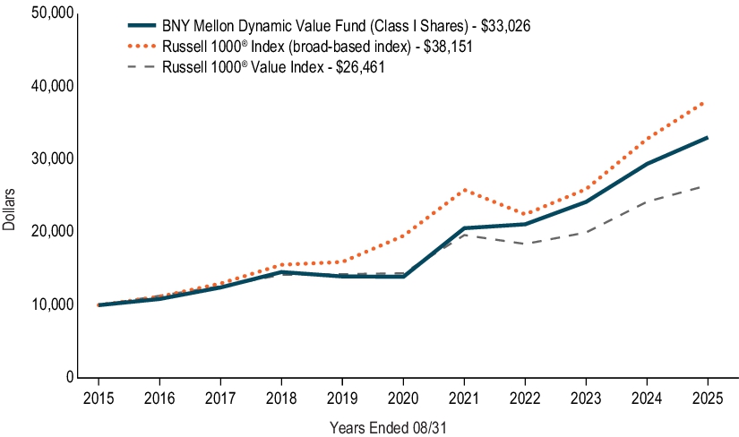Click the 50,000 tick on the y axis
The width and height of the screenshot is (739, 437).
[x=47, y=13]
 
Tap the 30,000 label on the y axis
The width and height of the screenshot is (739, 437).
[x=47, y=159]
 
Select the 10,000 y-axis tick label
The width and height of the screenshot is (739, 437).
[x=47, y=304]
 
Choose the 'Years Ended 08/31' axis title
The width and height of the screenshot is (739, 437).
[x=388, y=427]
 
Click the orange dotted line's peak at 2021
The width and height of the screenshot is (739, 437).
[x=462, y=190]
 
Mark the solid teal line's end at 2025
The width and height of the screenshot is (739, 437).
[x=708, y=137]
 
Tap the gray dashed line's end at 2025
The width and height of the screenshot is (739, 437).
[x=708, y=185]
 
